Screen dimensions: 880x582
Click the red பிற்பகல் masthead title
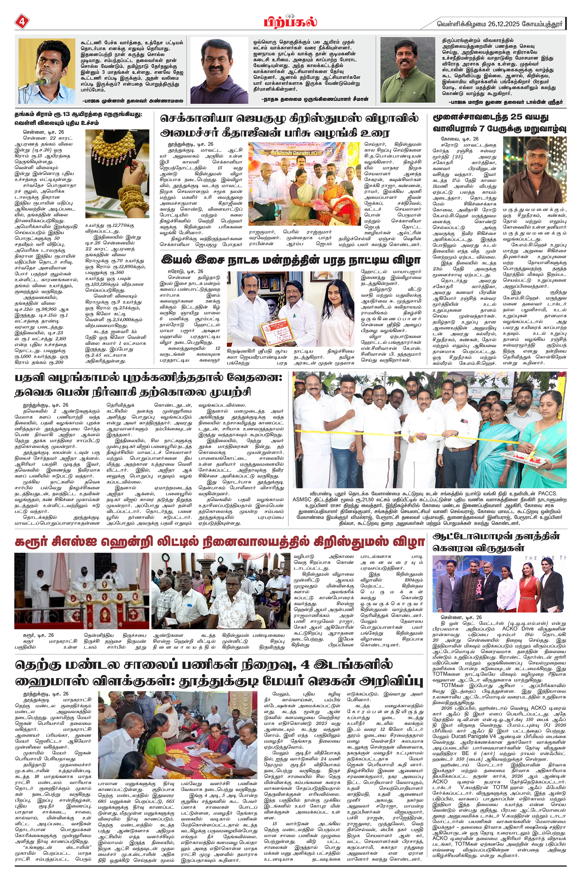[291, 22]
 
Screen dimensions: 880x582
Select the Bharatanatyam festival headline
[291, 259]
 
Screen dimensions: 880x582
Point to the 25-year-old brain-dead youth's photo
[534, 170]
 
